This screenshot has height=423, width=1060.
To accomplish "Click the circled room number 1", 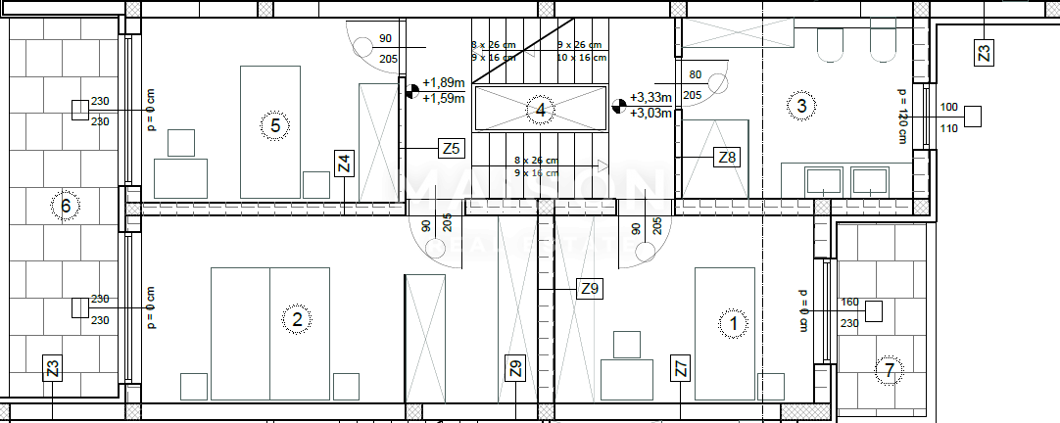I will tap(733, 322).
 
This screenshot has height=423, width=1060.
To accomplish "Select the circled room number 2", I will tap(297, 318).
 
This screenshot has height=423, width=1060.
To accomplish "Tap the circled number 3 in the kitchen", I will tap(801, 106).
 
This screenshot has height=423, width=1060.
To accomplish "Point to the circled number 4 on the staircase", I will tap(540, 110).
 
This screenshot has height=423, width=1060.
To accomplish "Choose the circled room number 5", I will tap(275, 124).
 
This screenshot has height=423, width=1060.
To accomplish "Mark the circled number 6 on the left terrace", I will tap(66, 206).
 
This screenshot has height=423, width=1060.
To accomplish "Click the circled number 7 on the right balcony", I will tap(889, 371).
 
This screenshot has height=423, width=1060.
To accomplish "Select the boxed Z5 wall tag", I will tap(450, 149).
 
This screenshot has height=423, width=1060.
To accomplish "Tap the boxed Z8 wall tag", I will tap(728, 157).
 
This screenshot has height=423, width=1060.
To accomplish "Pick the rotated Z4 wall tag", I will tap(343, 164).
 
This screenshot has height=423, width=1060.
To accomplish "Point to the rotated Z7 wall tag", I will tap(681, 369).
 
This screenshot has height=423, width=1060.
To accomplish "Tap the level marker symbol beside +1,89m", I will tap(412, 91).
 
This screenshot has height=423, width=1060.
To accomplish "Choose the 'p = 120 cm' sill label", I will tap(901, 116).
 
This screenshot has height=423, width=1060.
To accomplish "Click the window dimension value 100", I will tap(948, 107).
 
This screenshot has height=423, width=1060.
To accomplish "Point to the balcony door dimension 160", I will tap(849, 303).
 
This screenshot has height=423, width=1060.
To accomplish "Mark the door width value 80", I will tap(696, 73).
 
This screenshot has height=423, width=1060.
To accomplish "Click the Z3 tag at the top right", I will tap(985, 53).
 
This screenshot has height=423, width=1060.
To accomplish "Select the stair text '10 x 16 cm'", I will tap(582, 58).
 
